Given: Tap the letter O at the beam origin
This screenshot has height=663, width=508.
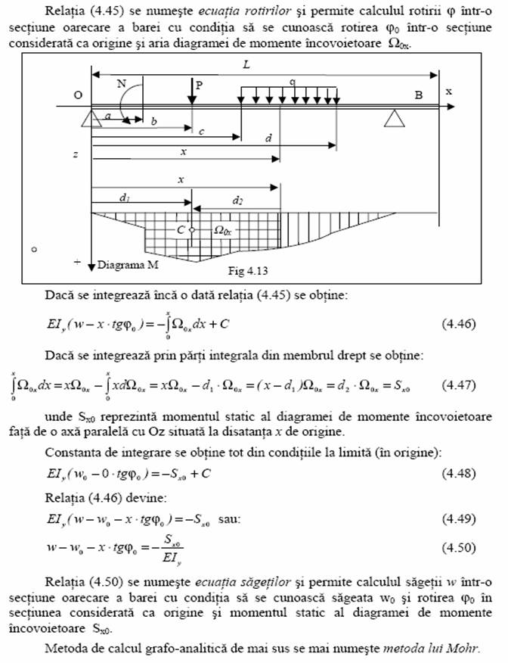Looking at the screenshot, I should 78,95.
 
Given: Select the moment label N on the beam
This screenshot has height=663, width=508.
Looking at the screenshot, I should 122,83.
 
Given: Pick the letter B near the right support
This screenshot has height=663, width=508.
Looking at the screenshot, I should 418,95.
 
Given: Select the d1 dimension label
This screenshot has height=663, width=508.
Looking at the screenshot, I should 122,199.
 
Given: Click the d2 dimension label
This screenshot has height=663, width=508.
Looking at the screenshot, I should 239,201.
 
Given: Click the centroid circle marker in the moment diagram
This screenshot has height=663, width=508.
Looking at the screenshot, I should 192,229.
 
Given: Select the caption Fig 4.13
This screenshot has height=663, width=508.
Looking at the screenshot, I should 248,269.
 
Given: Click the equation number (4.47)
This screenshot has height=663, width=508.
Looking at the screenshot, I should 458,384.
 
